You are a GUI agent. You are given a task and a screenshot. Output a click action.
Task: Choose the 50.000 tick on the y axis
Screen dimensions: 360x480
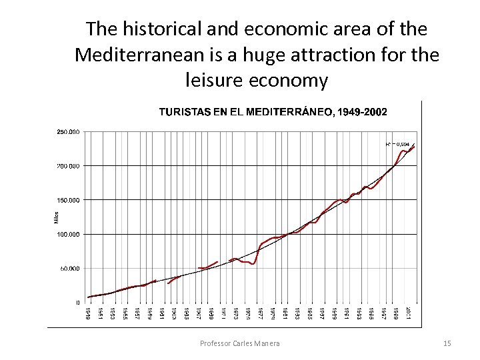pyautogui.click(x=69, y=269)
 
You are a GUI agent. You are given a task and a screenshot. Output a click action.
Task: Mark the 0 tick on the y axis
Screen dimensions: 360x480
pyautogui.click(x=78, y=303)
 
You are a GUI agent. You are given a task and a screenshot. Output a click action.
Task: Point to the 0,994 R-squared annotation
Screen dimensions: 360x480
pyautogui.click(x=402, y=144)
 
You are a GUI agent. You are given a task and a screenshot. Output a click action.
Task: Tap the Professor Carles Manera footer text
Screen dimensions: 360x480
pyautogui.click(x=240, y=343)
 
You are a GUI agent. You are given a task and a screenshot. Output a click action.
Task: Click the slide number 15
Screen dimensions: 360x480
pyautogui.click(x=447, y=343)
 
